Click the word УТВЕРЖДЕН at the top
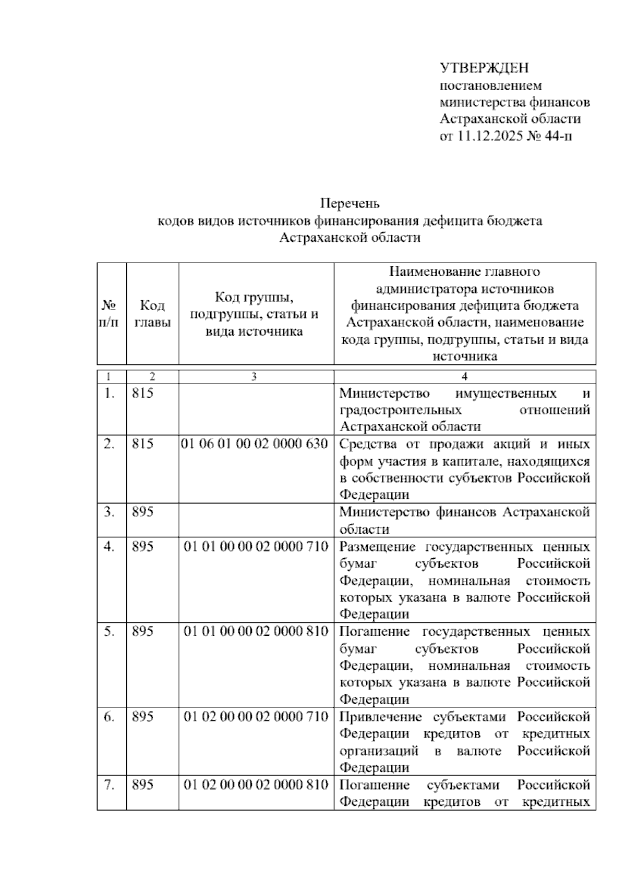pyautogui.click(x=484, y=68)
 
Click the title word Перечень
pyautogui.click(x=350, y=203)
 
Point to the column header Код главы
pyautogui.click(x=152, y=314)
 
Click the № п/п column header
pyautogui.click(x=109, y=314)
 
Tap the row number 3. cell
pyautogui.click(x=109, y=512)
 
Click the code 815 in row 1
pyautogui.click(x=142, y=393)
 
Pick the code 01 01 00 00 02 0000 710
pyautogui.click(x=256, y=547)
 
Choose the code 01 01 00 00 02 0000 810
pyautogui.click(x=256, y=632)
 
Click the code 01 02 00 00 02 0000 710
pyautogui.click(x=256, y=717)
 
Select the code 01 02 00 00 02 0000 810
pyautogui.click(x=256, y=785)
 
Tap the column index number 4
pyautogui.click(x=464, y=376)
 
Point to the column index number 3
pyautogui.click(x=254, y=376)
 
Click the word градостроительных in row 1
pyautogui.click(x=400, y=410)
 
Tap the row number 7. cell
pyautogui.click(x=109, y=785)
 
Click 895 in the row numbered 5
pyautogui.click(x=142, y=632)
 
